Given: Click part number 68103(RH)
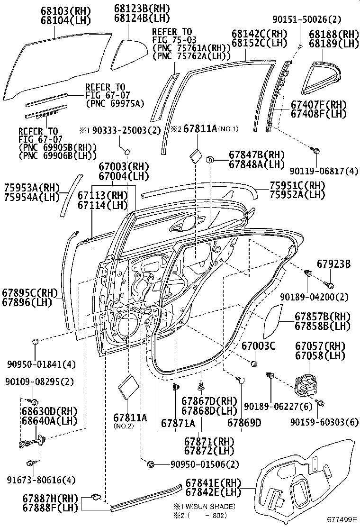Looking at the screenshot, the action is click(x=66, y=10).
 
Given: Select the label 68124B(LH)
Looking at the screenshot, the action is click(x=142, y=18).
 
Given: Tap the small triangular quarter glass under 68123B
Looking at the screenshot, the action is click(x=129, y=55).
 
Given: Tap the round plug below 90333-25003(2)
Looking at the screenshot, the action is click(x=127, y=153).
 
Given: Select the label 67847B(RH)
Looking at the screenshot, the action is click(x=257, y=154).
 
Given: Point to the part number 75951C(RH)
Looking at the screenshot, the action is click(x=297, y=185).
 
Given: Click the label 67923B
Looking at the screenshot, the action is click(x=334, y=264).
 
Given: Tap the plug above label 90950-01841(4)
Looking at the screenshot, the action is click(x=35, y=342).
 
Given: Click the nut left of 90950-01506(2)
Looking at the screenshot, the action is click(x=151, y=464).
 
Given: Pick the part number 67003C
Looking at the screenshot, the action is click(x=258, y=345).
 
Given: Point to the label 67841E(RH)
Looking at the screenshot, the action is click(x=214, y=483).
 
